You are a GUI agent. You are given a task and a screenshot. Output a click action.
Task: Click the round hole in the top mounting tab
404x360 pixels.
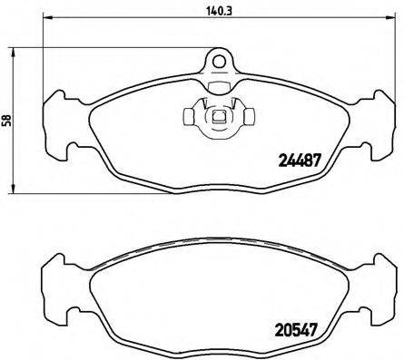point(218,62)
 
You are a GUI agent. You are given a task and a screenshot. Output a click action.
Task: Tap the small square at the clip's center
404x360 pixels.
point(218,116)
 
